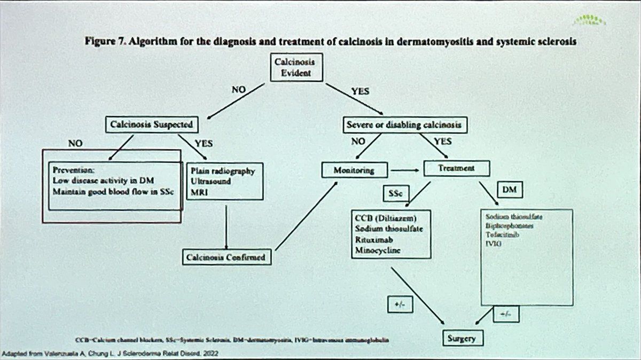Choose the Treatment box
pos(457,169)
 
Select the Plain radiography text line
pos(222,172)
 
